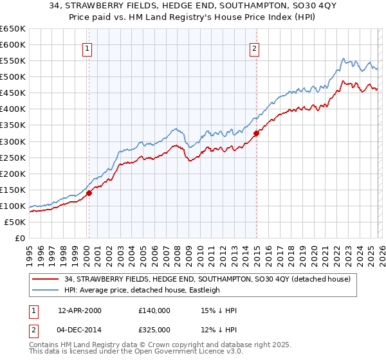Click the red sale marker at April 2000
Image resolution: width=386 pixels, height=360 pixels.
89,192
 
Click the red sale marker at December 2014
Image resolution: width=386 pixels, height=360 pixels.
257,133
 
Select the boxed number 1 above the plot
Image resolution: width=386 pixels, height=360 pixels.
87,48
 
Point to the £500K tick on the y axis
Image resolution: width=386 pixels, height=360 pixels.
13,76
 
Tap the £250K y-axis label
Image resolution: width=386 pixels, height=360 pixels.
13,157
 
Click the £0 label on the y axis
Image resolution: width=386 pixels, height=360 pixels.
19,238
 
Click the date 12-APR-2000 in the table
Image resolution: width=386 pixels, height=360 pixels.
80,310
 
